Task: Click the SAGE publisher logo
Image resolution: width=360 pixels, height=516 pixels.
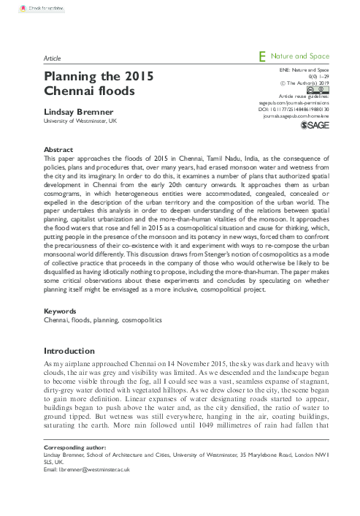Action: tap(314, 126)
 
